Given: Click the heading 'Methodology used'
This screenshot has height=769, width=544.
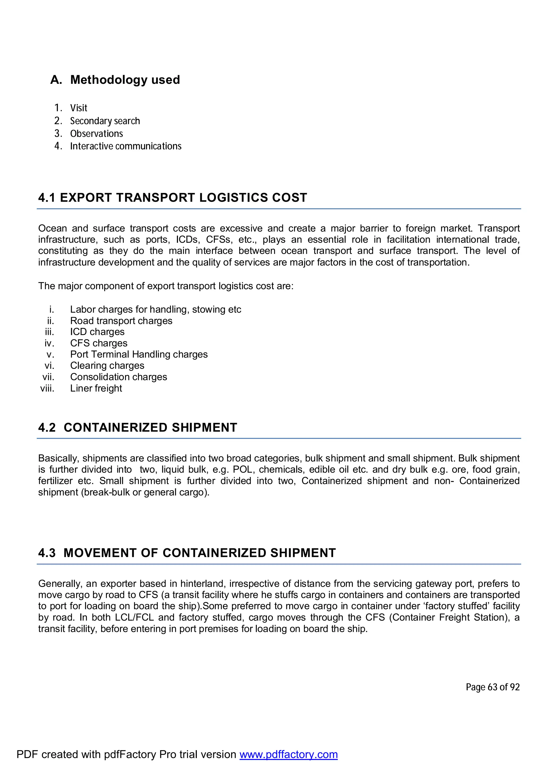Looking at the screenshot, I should pos(125,80).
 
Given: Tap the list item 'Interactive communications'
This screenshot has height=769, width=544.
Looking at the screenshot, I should pos(126,146).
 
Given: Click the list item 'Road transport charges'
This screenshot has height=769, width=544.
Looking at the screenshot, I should pos(121,321).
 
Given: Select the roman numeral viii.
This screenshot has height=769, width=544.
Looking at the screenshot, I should pos(47,388).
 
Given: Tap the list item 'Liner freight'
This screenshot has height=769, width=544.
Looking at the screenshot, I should pos(96,388).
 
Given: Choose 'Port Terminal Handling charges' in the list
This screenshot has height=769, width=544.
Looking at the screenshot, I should pos(139,354).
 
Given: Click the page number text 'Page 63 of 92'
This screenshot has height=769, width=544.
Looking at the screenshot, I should pos(492,687).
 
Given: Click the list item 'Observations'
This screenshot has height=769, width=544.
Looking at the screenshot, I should pos(96,134).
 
